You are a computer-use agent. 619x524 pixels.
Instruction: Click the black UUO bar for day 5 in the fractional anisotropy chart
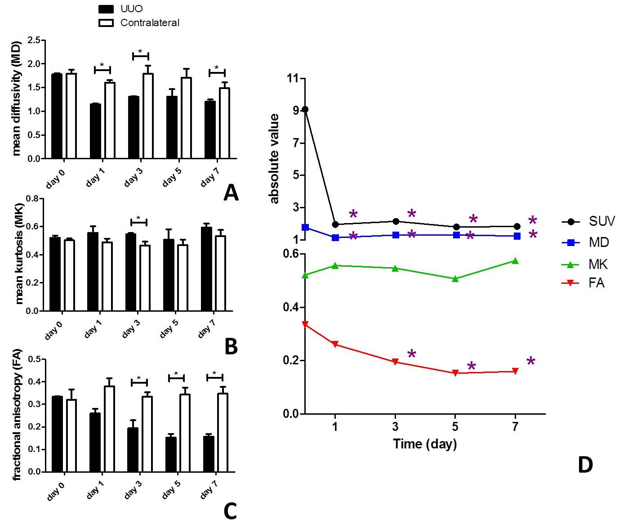pyautogui.click(x=171, y=454)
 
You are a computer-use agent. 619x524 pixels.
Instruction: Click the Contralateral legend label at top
pyautogui.click(x=150, y=22)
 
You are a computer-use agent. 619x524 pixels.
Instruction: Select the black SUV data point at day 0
pyautogui.click(x=305, y=109)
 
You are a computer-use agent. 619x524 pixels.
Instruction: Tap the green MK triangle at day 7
pyautogui.click(x=515, y=261)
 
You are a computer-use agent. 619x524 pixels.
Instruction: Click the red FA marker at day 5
pyautogui.click(x=455, y=373)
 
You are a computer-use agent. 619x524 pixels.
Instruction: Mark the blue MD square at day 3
pyautogui.click(x=396, y=235)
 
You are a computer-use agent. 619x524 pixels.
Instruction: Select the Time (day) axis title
pyautogui.click(x=425, y=444)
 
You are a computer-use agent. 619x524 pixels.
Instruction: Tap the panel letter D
pyautogui.click(x=585, y=465)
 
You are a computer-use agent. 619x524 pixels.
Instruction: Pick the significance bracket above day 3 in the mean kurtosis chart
pyautogui.click(x=138, y=221)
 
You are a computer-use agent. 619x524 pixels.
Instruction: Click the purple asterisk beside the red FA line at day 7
pyautogui.click(x=531, y=361)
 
